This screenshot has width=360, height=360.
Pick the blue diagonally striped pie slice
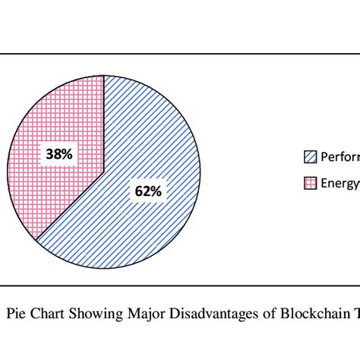[152, 144]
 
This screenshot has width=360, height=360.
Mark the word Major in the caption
[142, 311]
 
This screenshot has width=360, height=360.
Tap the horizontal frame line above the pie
[180, 54]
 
